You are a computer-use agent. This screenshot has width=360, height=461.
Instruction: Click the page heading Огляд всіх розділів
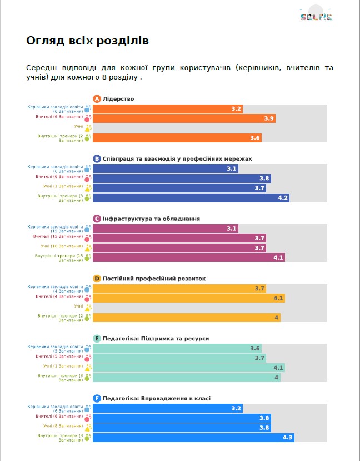[x=87, y=41]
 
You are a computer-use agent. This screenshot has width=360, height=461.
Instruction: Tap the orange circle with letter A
[x=97, y=99]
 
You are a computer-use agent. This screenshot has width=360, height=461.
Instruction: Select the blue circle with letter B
[x=97, y=158]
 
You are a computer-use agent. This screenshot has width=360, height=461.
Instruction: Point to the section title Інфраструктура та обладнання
[x=151, y=219]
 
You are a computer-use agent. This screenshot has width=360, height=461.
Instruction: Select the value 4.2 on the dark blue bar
[x=283, y=198]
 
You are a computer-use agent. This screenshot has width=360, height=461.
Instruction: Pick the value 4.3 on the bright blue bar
[x=287, y=438]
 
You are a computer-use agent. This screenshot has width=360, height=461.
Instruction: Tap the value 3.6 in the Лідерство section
[x=256, y=138]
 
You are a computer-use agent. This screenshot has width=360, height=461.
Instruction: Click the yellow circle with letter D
[x=97, y=278]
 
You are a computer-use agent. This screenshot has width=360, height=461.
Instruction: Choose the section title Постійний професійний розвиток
[x=154, y=278]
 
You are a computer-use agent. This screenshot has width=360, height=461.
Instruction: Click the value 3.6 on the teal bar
[x=255, y=348]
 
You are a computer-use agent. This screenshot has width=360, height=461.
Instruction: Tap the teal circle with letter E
[x=97, y=338]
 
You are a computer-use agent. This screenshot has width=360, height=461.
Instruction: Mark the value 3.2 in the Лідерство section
[x=236, y=108]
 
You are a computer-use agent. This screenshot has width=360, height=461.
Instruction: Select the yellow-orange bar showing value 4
[x=186, y=318]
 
